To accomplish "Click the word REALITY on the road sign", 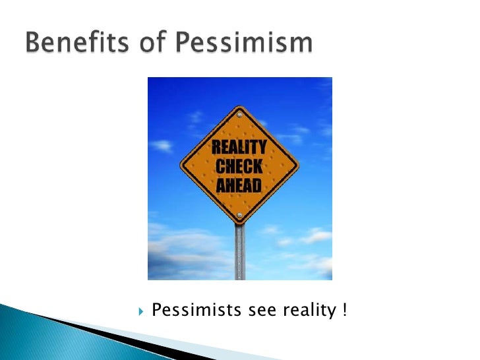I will click(x=239, y=147).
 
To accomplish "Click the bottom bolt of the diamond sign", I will click(x=239, y=216).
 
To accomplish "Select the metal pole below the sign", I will click(x=239, y=254).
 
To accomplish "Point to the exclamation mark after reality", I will click(x=344, y=309).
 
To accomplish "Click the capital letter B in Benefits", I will click(x=34, y=44).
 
